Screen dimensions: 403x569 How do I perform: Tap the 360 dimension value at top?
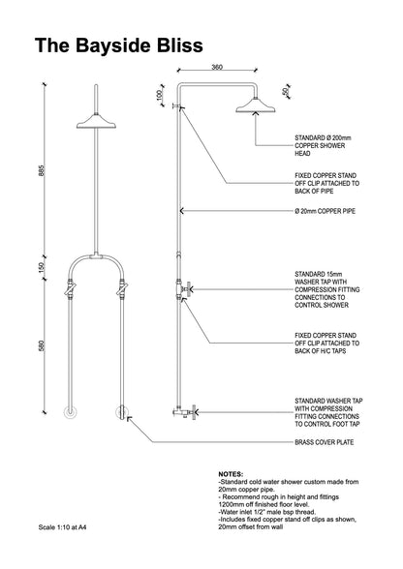(x=217, y=67)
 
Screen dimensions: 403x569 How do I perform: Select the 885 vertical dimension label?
(x=41, y=170)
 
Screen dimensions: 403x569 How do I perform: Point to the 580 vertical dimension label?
(x=41, y=345)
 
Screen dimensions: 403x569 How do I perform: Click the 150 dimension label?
(x=41, y=268)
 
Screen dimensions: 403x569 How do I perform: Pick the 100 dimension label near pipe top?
(x=159, y=96)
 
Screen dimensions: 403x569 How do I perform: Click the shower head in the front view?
(x=96, y=122)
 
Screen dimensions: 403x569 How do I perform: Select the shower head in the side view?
(x=256, y=105)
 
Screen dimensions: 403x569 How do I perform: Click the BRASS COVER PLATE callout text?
(x=325, y=442)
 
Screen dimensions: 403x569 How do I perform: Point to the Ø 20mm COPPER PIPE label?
(x=325, y=211)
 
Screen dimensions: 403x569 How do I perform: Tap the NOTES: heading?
(x=231, y=474)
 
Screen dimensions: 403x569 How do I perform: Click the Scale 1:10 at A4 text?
(x=63, y=527)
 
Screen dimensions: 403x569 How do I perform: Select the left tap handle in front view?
(x=70, y=289)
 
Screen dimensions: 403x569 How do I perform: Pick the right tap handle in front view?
(x=122, y=289)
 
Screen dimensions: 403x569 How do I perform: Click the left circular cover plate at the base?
(x=70, y=413)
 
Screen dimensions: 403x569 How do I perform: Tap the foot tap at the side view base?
(x=185, y=412)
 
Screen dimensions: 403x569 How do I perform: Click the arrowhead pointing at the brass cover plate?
(x=129, y=419)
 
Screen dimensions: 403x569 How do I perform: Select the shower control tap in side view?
(x=183, y=289)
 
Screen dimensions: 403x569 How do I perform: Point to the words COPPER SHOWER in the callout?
(x=320, y=146)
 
